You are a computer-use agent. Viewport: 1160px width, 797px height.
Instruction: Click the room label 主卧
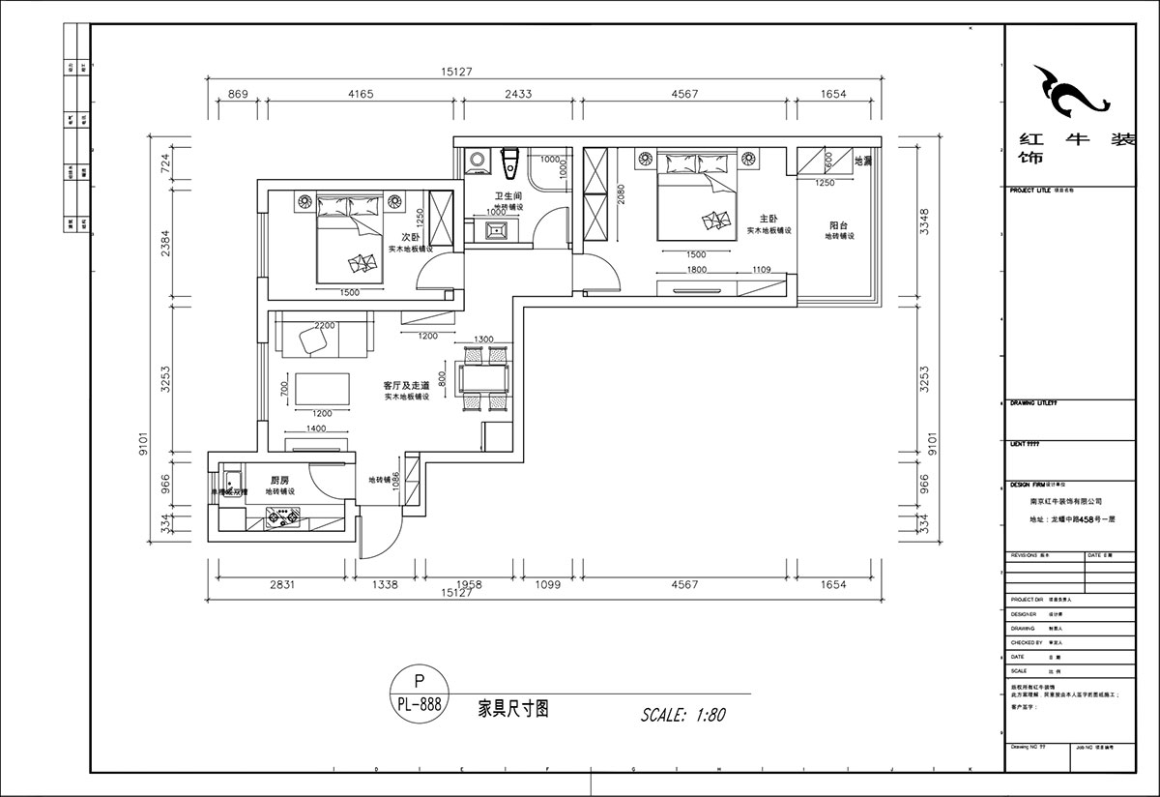click(x=769, y=219)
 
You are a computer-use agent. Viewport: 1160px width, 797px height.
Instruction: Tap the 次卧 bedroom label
click(x=410, y=237)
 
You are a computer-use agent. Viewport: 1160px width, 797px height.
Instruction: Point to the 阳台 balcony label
click(x=838, y=224)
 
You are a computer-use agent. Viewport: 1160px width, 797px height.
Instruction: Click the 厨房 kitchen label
click(x=279, y=480)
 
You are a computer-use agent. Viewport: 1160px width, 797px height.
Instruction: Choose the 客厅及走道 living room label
click(x=406, y=385)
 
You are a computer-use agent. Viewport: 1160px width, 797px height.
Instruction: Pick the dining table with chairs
click(x=484, y=377)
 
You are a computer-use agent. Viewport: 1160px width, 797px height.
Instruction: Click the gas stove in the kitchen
click(x=282, y=520)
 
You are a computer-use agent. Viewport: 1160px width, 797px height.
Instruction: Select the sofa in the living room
click(x=324, y=337)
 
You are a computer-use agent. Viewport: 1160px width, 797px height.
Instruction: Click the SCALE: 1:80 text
click(x=682, y=716)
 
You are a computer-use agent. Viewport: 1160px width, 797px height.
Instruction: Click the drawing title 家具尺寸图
click(x=514, y=708)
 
